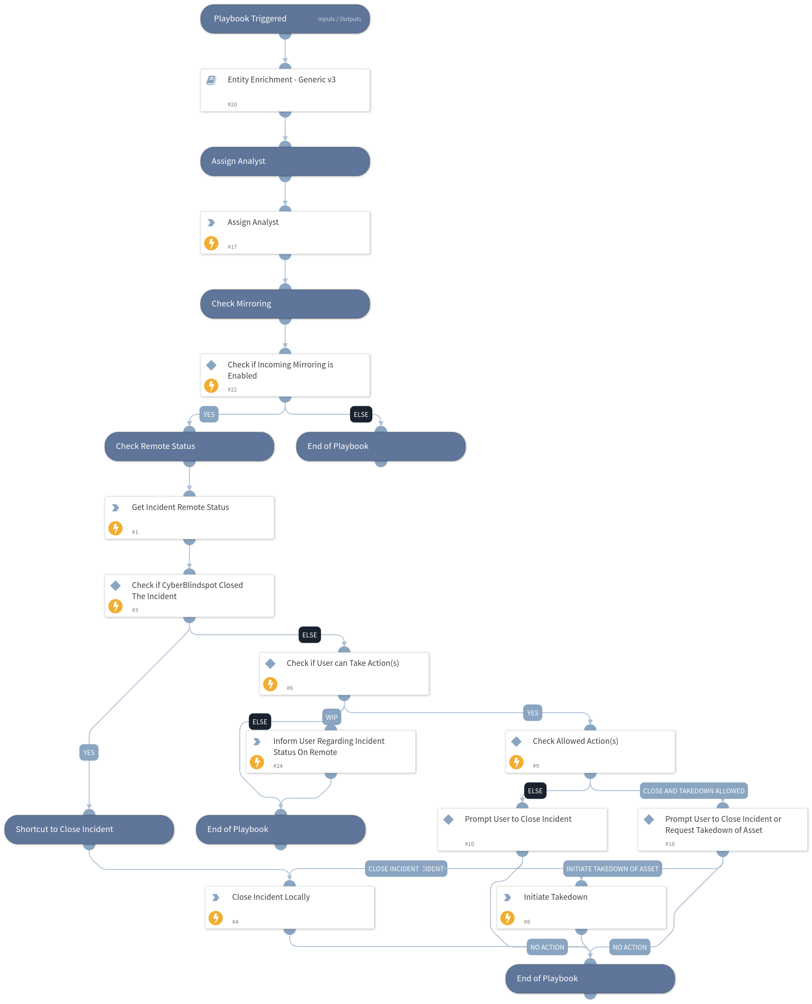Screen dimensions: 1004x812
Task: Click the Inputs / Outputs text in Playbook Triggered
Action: [x=339, y=19]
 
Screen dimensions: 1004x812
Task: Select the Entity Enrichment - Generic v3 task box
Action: [x=285, y=90]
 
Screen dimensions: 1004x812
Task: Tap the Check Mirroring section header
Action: [x=285, y=304]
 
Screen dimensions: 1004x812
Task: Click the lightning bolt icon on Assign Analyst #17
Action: [x=212, y=243]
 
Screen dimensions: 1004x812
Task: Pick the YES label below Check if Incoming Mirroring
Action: [x=209, y=414]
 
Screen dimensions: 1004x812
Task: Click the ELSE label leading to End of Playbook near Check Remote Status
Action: [x=361, y=414]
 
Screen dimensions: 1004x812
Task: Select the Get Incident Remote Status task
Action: [x=189, y=518]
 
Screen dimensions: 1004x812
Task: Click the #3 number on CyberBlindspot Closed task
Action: [x=135, y=610]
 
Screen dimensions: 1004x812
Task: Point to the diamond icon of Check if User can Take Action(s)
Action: [x=270, y=663]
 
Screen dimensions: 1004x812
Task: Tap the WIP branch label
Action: [x=331, y=717]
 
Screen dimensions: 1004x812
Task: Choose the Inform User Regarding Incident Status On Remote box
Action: [x=331, y=751]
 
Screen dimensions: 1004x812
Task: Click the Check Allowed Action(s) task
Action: [x=590, y=751]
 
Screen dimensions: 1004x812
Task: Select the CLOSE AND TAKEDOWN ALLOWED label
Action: [x=693, y=791]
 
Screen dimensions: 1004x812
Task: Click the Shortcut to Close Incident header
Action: [x=89, y=829]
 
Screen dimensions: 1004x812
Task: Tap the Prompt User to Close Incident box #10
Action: [x=522, y=829]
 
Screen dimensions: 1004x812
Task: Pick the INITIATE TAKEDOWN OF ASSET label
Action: [x=612, y=869]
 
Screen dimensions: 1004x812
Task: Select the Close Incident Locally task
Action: [x=290, y=907]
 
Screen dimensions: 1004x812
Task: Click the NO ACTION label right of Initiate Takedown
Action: [x=629, y=947]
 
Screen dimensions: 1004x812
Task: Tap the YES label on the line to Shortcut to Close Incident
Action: [x=89, y=752]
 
